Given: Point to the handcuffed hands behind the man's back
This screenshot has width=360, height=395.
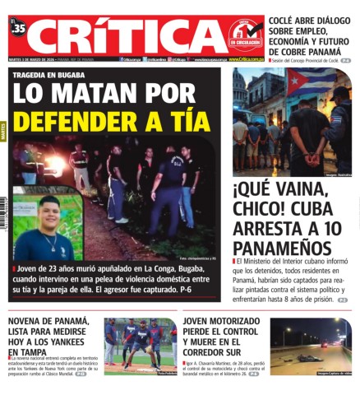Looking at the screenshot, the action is (x=313, y=156).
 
